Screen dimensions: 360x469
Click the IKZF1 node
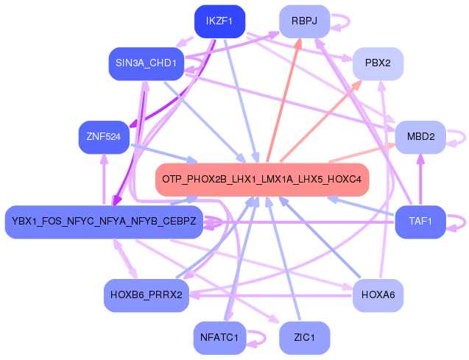point(219,21)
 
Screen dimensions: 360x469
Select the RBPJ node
point(304,21)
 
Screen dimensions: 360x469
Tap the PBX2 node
point(378,64)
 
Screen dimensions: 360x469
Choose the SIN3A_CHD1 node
point(145,63)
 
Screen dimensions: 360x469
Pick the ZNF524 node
point(103,137)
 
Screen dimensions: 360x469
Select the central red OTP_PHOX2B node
point(261,180)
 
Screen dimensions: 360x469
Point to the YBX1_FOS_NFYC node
point(103,222)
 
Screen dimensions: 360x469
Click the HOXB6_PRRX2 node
point(146,294)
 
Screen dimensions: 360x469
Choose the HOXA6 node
point(378,294)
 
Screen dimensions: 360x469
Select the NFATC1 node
point(219,338)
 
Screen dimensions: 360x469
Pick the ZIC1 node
point(304,338)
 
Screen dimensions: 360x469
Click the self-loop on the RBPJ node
point(339,21)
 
